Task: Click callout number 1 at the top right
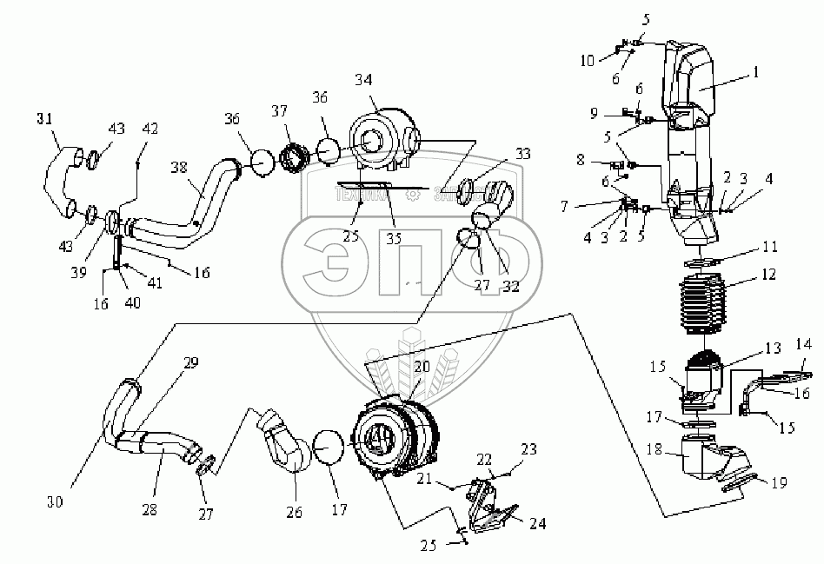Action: click(x=754, y=74)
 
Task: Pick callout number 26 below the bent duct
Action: click(x=293, y=513)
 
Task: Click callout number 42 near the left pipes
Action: click(x=151, y=129)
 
